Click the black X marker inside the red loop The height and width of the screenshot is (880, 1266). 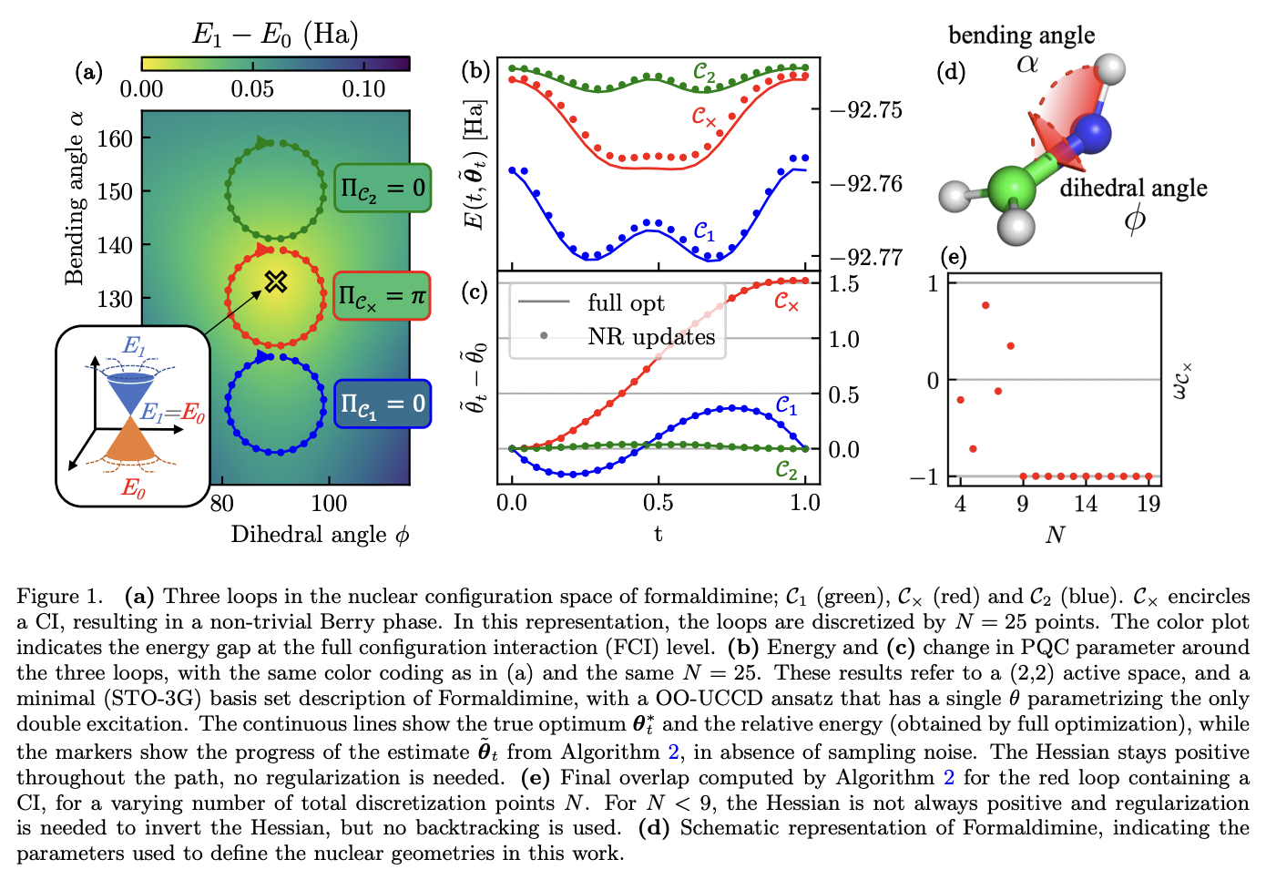[x=276, y=281]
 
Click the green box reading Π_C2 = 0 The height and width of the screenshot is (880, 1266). [x=383, y=189]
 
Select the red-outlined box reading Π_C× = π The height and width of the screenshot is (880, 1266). [x=382, y=296]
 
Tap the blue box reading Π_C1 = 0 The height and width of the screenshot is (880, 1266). [x=383, y=404]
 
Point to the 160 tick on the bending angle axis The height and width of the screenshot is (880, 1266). [x=115, y=139]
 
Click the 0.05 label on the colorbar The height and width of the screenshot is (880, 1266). [x=252, y=89]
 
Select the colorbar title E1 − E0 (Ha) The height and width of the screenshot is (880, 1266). [x=275, y=35]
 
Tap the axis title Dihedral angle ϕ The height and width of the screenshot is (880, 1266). [x=320, y=535]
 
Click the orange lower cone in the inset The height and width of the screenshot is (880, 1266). [x=133, y=445]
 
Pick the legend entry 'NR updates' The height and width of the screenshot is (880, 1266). [x=650, y=337]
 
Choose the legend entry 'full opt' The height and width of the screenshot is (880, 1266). [x=625, y=303]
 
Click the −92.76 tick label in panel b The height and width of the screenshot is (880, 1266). [x=865, y=184]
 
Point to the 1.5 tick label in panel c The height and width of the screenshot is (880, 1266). [x=843, y=284]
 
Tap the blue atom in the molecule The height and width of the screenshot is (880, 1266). [x=1092, y=133]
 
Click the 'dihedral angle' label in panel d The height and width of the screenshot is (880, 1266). [x=1133, y=189]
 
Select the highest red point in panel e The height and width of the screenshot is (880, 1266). [x=985, y=305]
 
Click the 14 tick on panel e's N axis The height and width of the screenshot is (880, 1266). [x=1085, y=504]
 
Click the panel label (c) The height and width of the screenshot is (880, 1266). [x=475, y=292]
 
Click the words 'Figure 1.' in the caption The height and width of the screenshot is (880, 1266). [x=60, y=597]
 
